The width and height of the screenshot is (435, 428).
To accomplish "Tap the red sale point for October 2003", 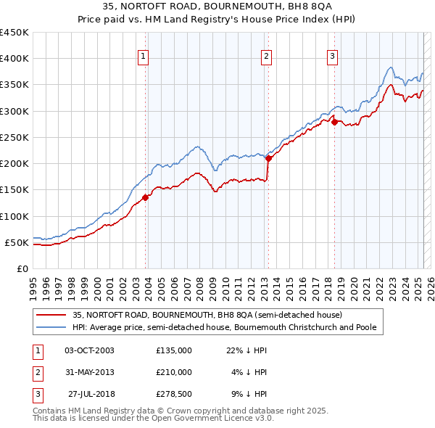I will pos(146,197).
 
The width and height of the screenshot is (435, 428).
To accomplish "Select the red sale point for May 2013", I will pos(268,157).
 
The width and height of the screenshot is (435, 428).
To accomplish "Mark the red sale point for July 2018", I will pos(334,122).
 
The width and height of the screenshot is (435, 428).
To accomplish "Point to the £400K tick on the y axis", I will pos(16,59).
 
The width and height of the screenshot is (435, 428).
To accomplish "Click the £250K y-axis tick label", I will pos(16,137).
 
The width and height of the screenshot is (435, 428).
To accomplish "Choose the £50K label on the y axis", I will pos(18,242).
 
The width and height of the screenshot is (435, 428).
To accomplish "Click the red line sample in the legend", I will pos(51,315).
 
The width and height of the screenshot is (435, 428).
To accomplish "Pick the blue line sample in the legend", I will pos(51,327).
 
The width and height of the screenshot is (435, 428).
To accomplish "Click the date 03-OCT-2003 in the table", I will pos(89,350).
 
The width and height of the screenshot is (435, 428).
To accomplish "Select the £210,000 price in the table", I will pos(174,372).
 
